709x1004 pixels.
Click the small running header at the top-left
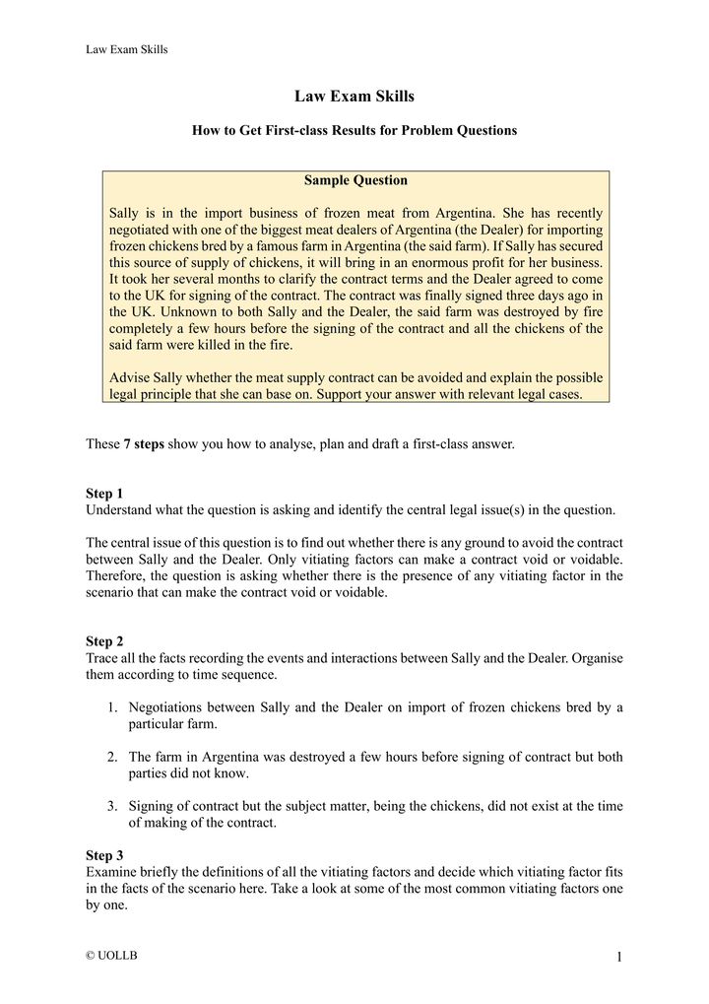coord(127,50)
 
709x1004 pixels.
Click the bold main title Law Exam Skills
coord(354,97)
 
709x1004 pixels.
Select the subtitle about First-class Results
coord(354,130)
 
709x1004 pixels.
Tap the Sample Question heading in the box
coord(355,180)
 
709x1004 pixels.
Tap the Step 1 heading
coord(105,493)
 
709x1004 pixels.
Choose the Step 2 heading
coord(105,641)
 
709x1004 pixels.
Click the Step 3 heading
coord(105,856)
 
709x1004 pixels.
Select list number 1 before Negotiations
coord(112,707)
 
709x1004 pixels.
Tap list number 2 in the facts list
coord(112,757)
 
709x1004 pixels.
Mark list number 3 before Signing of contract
coord(112,806)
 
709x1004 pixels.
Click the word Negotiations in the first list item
coord(168,707)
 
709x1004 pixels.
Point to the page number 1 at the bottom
coord(618,958)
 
